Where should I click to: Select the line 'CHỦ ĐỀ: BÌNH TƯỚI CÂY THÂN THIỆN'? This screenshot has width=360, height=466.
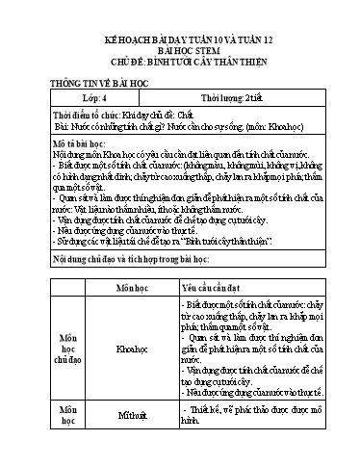pos(180,65)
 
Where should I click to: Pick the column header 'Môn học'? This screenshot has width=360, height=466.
pos(133,288)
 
